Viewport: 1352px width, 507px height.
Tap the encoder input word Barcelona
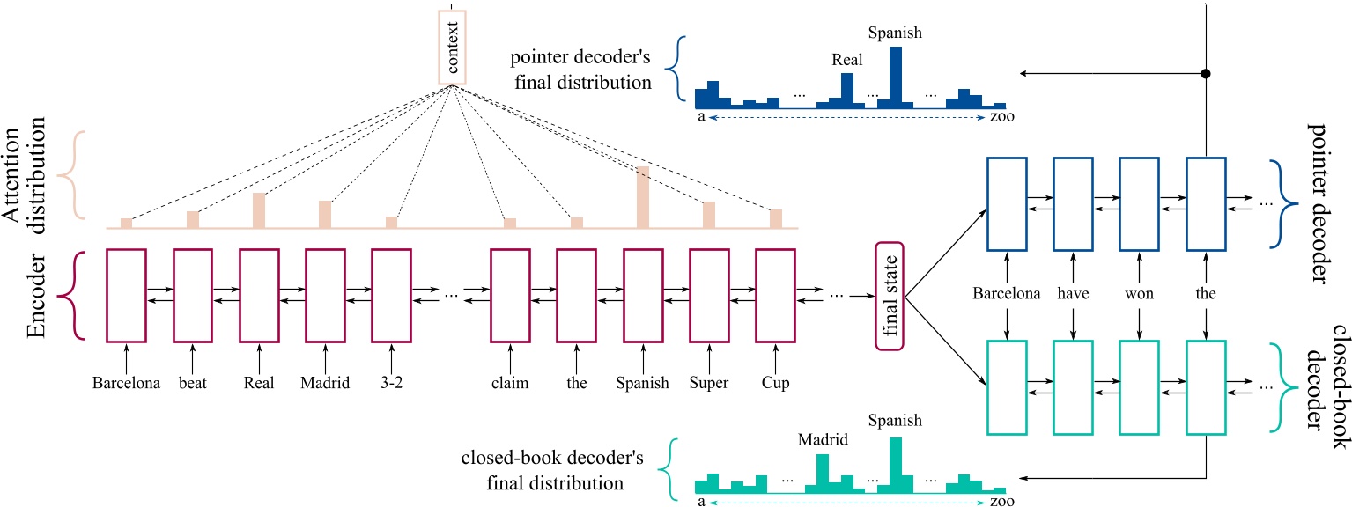pyautogui.click(x=125, y=384)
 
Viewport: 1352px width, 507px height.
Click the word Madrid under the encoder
pyautogui.click(x=325, y=384)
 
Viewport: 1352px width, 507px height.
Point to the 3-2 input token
pyautogui.click(x=390, y=384)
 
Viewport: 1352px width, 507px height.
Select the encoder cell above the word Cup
pyautogui.click(x=775, y=296)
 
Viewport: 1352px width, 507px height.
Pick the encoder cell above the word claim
pyautogui.click(x=510, y=296)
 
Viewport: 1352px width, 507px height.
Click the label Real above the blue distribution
pyautogui.click(x=846, y=61)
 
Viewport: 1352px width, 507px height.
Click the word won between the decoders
pyautogui.click(x=1138, y=294)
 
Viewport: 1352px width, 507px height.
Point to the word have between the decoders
pyautogui.click(x=1073, y=294)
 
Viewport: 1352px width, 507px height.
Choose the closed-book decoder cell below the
pyautogui.click(x=1206, y=384)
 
